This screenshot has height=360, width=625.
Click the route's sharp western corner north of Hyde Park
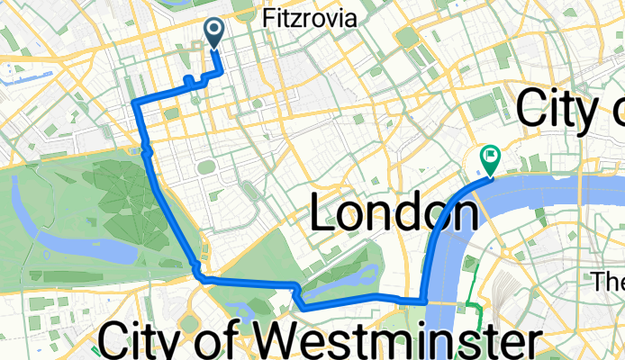(134, 103)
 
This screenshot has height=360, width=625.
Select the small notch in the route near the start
(190, 82)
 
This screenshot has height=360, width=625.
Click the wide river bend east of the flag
(558, 189)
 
